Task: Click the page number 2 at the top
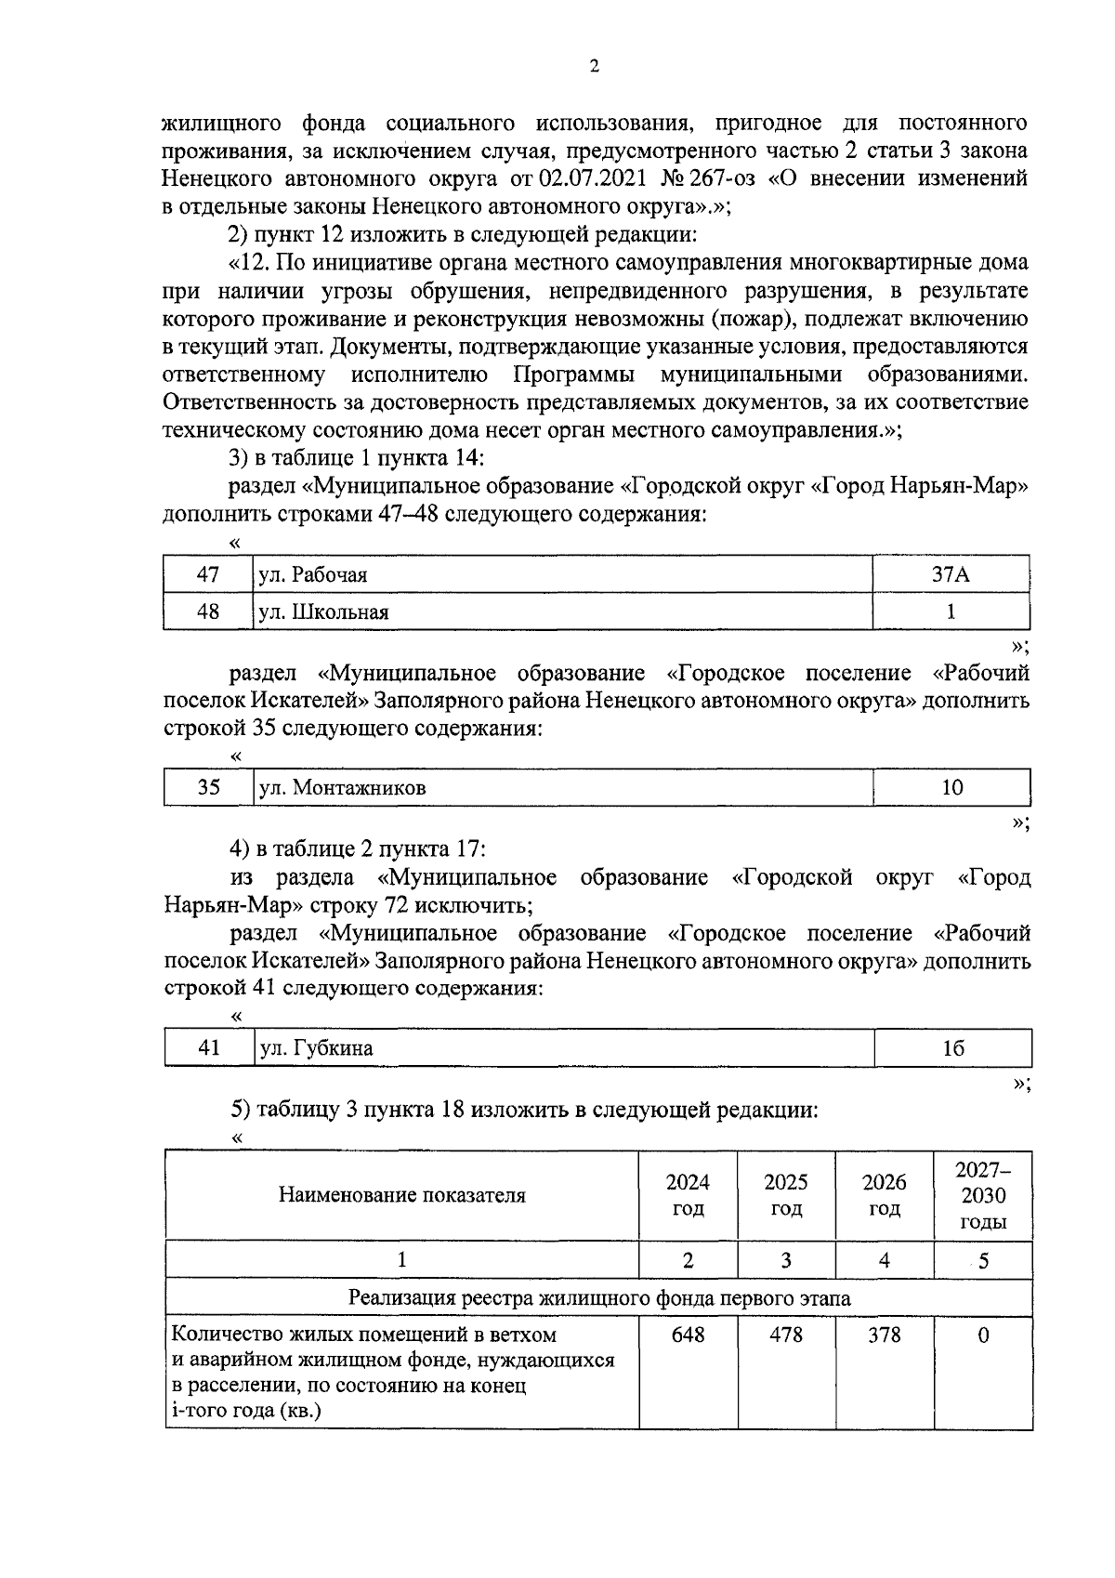coord(594,66)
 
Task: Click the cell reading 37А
coord(951,575)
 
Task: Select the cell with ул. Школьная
coord(562,612)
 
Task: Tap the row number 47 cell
coord(208,575)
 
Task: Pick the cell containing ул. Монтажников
coord(562,788)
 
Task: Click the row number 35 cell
coord(209,788)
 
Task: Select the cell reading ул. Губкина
coord(562,1048)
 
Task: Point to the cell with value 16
coord(952,1048)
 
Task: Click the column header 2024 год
coord(688,1195)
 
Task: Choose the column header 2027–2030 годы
coord(983,1195)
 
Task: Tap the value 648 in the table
coord(688,1335)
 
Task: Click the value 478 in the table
coord(786,1335)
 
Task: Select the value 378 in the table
coord(884,1335)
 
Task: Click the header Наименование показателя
coord(401,1195)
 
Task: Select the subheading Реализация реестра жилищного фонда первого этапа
coord(598,1298)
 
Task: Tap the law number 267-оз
coord(713,178)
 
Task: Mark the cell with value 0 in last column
coord(983,1335)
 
